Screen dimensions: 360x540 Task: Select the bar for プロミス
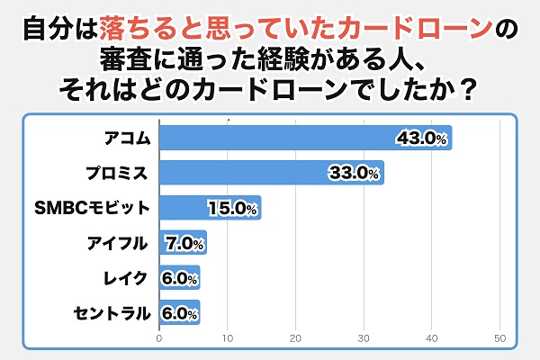(271, 172)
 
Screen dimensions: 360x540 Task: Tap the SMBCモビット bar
(209, 208)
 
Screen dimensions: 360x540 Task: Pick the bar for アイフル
(183, 243)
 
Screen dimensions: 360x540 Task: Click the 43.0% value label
(422, 138)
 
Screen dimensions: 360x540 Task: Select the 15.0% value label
(233, 208)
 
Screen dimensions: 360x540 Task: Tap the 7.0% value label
(184, 243)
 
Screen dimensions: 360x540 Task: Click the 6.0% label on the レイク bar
(180, 278)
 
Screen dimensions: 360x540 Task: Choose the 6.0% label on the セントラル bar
(180, 313)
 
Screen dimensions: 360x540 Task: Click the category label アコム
(125, 138)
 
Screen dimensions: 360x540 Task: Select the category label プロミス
(119, 173)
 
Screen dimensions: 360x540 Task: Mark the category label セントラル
(112, 313)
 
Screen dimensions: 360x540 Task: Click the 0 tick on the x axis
(159, 339)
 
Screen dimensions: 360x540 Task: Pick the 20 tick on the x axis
(296, 339)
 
